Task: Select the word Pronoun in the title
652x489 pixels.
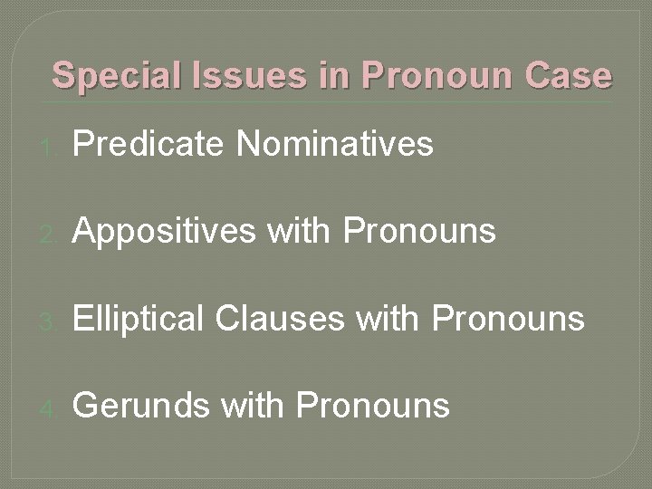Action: (434, 75)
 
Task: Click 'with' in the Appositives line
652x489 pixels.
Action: (300, 233)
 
